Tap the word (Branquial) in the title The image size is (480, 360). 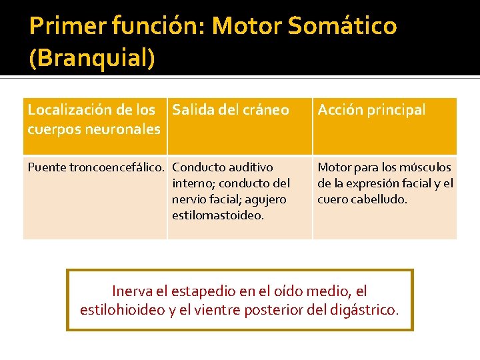92,57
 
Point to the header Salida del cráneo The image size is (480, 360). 231,110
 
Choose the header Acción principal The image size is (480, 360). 371,110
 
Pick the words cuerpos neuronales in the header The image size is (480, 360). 94,129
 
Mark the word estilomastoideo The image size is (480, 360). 217,215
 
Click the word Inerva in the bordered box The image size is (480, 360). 132,291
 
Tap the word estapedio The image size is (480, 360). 199,291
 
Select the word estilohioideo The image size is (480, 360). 123,310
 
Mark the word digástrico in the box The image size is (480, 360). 365,310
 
